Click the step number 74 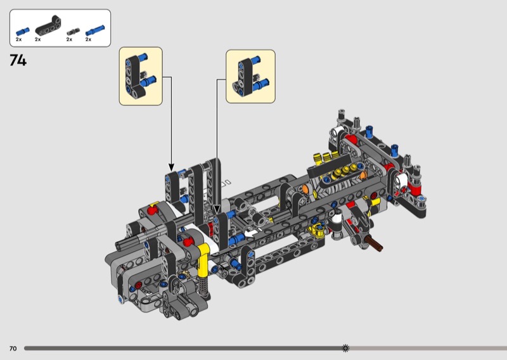click(x=18, y=60)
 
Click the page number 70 click(x=13, y=349)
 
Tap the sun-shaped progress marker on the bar click(x=345, y=349)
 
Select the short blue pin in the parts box click(x=23, y=32)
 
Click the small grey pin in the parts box click(x=73, y=32)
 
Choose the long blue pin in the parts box click(x=94, y=30)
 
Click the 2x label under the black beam click(x=38, y=39)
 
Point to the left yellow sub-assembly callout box click(x=141, y=76)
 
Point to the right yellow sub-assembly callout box click(x=250, y=77)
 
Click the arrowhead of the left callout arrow click(x=171, y=167)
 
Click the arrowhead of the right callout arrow click(x=217, y=210)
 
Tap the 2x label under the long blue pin click(x=88, y=39)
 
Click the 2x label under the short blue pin click(x=19, y=39)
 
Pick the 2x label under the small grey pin click(x=69, y=39)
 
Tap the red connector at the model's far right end click(x=414, y=186)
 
